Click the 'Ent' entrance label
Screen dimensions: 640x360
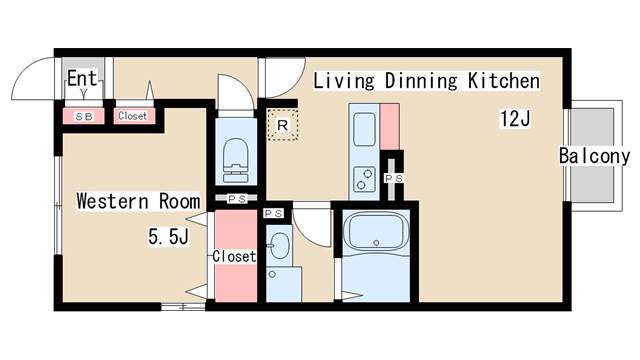(x=82, y=78)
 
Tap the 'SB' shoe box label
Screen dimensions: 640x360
(x=84, y=117)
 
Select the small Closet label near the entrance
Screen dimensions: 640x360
(x=132, y=116)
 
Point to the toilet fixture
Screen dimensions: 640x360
(x=236, y=160)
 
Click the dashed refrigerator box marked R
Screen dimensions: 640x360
(x=282, y=125)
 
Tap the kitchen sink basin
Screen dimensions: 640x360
(x=364, y=129)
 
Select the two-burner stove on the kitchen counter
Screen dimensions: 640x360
(x=364, y=179)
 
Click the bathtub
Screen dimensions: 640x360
(x=376, y=231)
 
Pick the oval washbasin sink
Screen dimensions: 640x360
(x=280, y=245)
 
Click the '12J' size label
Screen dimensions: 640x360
(x=515, y=119)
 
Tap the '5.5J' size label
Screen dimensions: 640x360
(x=168, y=236)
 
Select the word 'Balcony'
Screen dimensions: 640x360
(x=594, y=156)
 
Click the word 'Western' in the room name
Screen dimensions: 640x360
(x=112, y=201)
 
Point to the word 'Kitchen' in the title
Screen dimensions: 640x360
(x=504, y=80)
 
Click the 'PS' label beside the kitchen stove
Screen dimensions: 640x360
(x=394, y=178)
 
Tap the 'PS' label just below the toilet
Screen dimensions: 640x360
(x=237, y=199)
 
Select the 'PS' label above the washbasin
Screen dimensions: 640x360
(x=273, y=213)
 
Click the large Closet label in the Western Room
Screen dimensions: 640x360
(x=234, y=256)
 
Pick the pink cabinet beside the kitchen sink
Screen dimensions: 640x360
(x=390, y=127)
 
